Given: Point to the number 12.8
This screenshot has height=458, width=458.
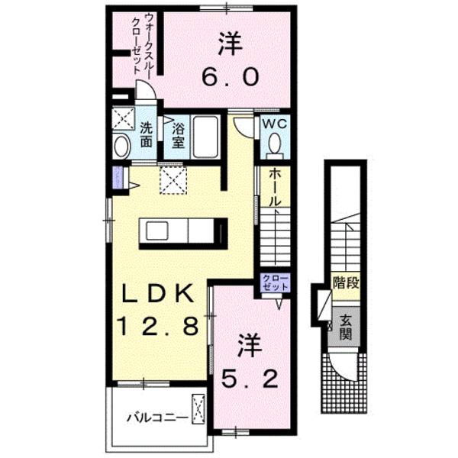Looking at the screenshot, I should point(160,326).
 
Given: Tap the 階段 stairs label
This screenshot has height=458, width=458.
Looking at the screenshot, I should point(346,285).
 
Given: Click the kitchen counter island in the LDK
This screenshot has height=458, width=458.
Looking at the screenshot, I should point(184,231).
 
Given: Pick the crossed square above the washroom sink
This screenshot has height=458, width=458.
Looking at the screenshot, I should point(121,118).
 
